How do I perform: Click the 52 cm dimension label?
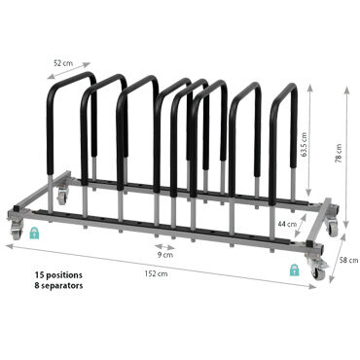click(63, 63)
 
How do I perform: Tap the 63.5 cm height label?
click(304, 144)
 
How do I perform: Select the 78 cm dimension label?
click(339, 153)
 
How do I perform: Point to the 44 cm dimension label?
click(287, 224)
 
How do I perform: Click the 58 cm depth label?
click(349, 260)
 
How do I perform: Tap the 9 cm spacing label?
click(165, 255)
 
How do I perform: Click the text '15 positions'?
click(58, 275)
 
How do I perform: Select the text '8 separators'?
click(58, 286)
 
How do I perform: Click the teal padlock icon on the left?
click(34, 233)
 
